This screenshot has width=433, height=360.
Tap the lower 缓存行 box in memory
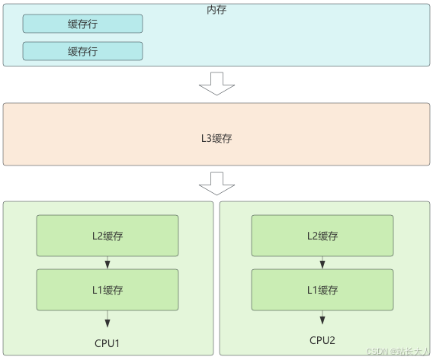pos(82,51)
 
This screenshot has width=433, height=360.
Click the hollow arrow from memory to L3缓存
pos(217,83)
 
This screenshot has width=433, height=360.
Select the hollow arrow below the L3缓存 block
pos(217,184)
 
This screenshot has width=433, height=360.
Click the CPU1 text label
pos(107,343)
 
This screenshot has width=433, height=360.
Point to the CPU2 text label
pos(322,340)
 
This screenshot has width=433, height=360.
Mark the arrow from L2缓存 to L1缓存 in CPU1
pos(107,262)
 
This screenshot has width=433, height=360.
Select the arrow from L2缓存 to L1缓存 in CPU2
pos(322,262)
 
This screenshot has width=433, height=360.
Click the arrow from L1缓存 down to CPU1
pos(107,319)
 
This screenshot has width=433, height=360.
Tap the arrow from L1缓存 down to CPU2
pos(322,318)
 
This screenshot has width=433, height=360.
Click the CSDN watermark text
pos(398,352)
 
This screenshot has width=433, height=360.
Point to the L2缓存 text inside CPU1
pos(107,236)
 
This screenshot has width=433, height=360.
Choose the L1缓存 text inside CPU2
pos(322,289)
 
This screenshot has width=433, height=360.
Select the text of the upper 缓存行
pos(82,24)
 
